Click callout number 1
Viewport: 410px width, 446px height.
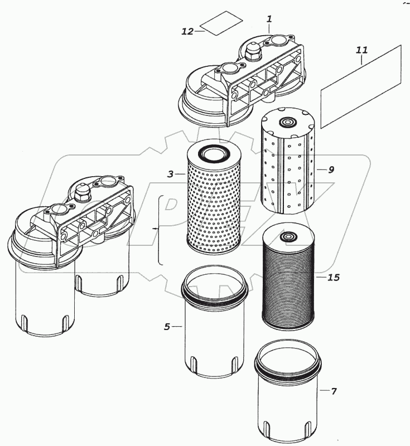pos(269,19)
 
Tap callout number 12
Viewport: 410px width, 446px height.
pos(187,32)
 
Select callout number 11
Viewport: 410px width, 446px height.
pos(362,50)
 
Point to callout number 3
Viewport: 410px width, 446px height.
pos(171,174)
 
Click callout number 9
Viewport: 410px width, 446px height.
pos(331,169)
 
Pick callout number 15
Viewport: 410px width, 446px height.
pos(334,277)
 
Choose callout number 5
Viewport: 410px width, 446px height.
pos(167,327)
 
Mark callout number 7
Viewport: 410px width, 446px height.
pos(334,391)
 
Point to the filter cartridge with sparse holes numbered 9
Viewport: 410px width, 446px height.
pos(288,167)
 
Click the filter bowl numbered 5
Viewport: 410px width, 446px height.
pos(214,334)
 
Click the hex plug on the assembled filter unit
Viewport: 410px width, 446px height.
pos(84,192)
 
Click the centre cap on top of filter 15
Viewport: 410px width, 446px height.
pos(288,238)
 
